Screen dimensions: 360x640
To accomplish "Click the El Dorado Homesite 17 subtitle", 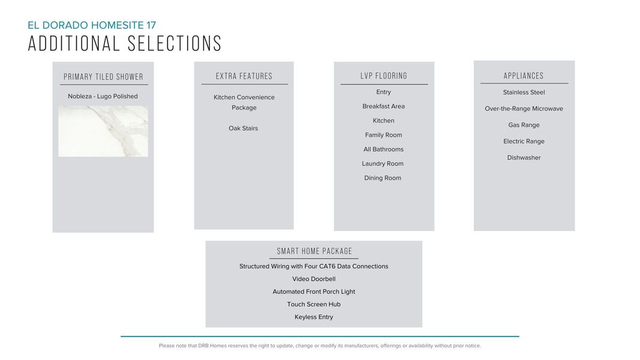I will click(x=92, y=25).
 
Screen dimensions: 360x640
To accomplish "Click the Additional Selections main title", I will click(x=125, y=44).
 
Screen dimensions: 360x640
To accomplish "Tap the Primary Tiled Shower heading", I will click(x=103, y=77).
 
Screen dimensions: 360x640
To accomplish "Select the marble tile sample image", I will click(x=103, y=131).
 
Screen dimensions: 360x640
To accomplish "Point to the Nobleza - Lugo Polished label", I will click(x=103, y=97).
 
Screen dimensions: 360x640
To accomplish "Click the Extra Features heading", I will click(x=244, y=76).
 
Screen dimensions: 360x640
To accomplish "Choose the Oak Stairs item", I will click(x=243, y=128).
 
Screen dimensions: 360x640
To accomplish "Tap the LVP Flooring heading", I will click(x=384, y=76).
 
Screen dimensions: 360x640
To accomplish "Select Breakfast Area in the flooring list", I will click(x=383, y=106).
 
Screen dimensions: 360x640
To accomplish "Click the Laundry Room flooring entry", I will click(x=383, y=164).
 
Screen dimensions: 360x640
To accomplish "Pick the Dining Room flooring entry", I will click(x=383, y=178).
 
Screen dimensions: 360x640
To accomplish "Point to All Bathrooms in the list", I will click(x=383, y=149).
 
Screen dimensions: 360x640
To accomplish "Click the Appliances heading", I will click(x=524, y=76).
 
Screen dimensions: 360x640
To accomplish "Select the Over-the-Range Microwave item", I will click(x=524, y=109).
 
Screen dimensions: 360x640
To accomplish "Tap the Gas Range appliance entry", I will click(x=524, y=125).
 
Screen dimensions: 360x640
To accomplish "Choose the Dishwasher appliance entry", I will click(x=524, y=158).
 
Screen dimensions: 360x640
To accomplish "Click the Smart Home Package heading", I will click(x=314, y=251).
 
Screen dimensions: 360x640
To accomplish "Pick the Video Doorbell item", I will click(x=314, y=279).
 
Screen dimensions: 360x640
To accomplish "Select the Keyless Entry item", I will click(x=314, y=317).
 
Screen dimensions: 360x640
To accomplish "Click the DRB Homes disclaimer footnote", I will click(x=320, y=346).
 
